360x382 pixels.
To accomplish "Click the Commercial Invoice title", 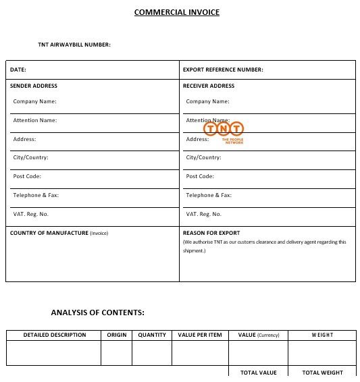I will pos(176,12).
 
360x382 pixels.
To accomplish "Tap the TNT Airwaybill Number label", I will pos(74,45).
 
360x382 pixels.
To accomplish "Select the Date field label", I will pos(18,70).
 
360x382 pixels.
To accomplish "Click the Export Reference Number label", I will pos(223,70).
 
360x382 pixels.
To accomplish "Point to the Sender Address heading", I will pos(34,86).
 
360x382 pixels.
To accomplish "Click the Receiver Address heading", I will pos(209,86).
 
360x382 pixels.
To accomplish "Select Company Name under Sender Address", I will pos(35,101).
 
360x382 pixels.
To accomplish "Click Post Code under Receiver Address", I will pos(200,176).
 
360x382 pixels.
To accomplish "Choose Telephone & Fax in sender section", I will pos(36,195).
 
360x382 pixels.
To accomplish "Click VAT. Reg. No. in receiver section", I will pos(203,214).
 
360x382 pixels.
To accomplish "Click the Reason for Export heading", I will pos(211,233).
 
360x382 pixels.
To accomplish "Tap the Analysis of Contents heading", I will pos(97,312).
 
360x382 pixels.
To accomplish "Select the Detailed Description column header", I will pos(55,335).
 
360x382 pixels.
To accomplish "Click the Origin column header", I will pos(117,335).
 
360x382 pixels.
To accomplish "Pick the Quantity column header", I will pos(152,335).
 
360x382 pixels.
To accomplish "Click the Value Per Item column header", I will pos(200,335).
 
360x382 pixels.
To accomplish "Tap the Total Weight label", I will pos(322,373).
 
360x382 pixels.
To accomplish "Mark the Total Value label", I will pos(259,373).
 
